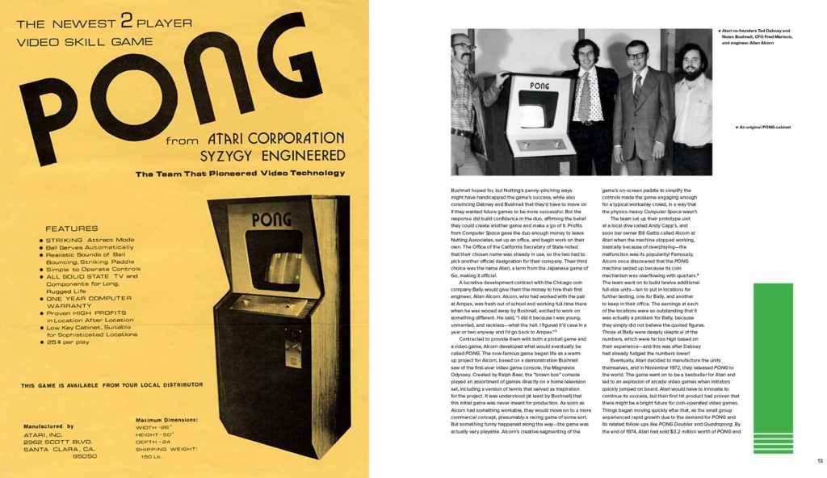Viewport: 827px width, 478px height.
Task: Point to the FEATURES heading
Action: click(x=71, y=229)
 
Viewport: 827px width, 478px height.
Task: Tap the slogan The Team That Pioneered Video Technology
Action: click(x=240, y=174)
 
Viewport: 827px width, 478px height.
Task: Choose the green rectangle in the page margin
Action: click(x=773, y=357)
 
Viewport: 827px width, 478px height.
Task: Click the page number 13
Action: click(x=819, y=460)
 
